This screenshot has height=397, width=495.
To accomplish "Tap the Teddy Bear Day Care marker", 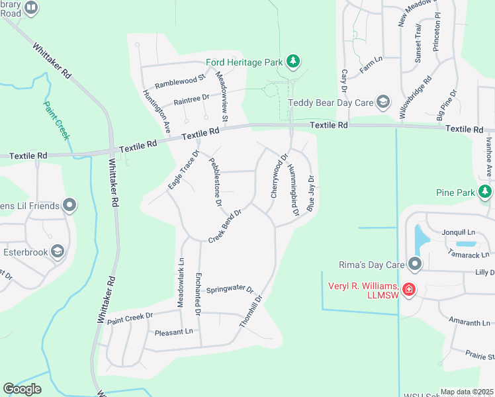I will click(382, 102).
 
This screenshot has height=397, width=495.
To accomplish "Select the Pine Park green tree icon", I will click(485, 192).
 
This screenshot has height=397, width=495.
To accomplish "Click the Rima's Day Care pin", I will click(415, 265).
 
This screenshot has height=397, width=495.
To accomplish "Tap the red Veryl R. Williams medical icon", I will click(408, 289).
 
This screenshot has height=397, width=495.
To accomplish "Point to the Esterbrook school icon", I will click(58, 251).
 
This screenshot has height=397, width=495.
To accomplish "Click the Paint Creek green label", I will click(56, 119).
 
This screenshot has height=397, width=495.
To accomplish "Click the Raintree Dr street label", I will click(191, 98).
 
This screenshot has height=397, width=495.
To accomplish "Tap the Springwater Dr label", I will click(230, 290).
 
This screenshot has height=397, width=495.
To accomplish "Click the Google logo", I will click(22, 389).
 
